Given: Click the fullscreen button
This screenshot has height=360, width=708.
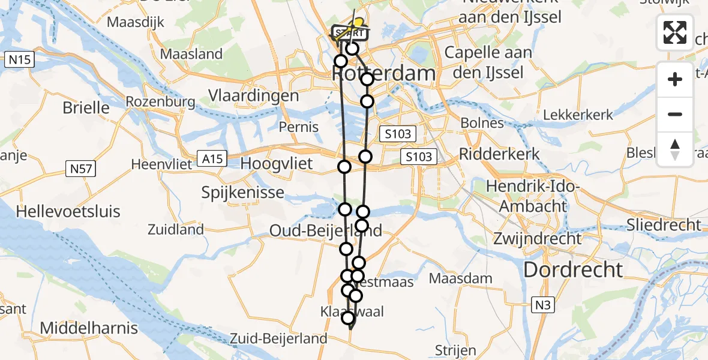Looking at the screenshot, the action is [675, 32].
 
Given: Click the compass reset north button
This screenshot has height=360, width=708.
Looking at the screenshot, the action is [675, 149].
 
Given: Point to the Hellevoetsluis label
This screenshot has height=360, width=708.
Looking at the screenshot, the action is [68, 211].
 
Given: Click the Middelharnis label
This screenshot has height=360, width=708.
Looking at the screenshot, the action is [89, 328].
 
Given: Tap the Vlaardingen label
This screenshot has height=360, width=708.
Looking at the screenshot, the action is [253, 95].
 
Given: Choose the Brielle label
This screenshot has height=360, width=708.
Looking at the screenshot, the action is [87, 108].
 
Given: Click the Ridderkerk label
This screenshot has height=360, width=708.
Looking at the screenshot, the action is [499, 154].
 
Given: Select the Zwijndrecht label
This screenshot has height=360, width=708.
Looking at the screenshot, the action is [538, 238].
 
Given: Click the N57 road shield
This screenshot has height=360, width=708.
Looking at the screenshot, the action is [80, 170].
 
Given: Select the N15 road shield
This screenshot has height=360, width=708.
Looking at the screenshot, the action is [20, 59].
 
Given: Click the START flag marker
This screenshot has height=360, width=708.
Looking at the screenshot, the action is [348, 31].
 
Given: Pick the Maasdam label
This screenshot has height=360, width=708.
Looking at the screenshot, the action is [461, 278].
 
